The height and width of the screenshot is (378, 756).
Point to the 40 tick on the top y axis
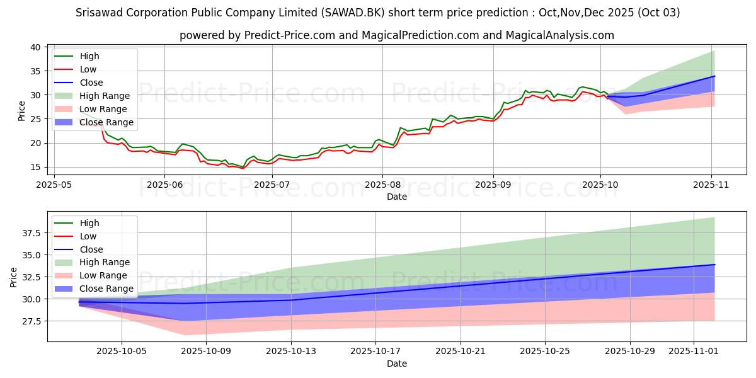36,47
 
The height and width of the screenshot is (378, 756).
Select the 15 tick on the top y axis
36,167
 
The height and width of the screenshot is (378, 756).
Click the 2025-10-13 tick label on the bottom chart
291,351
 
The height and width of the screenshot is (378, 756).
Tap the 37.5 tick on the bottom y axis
31,233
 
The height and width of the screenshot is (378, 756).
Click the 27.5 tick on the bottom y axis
31,321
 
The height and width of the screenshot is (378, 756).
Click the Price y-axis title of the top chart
22,110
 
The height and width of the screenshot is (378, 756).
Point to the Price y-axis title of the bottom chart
14,277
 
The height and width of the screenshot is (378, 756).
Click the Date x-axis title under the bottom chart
396,364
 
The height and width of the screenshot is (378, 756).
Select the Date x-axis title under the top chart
396,197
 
